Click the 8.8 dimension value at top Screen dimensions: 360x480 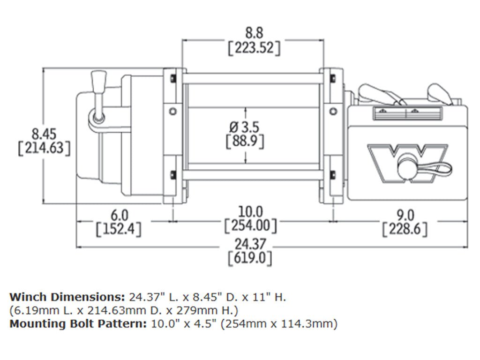click(x=254, y=33)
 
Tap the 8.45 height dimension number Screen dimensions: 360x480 click(x=44, y=133)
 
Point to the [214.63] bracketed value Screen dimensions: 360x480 click(x=44, y=148)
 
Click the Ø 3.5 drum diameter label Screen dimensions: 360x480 click(x=245, y=126)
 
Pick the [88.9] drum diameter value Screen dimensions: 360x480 click(x=245, y=140)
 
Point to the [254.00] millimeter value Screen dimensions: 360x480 click(x=250, y=226)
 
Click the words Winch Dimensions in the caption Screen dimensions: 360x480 click(x=66, y=297)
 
